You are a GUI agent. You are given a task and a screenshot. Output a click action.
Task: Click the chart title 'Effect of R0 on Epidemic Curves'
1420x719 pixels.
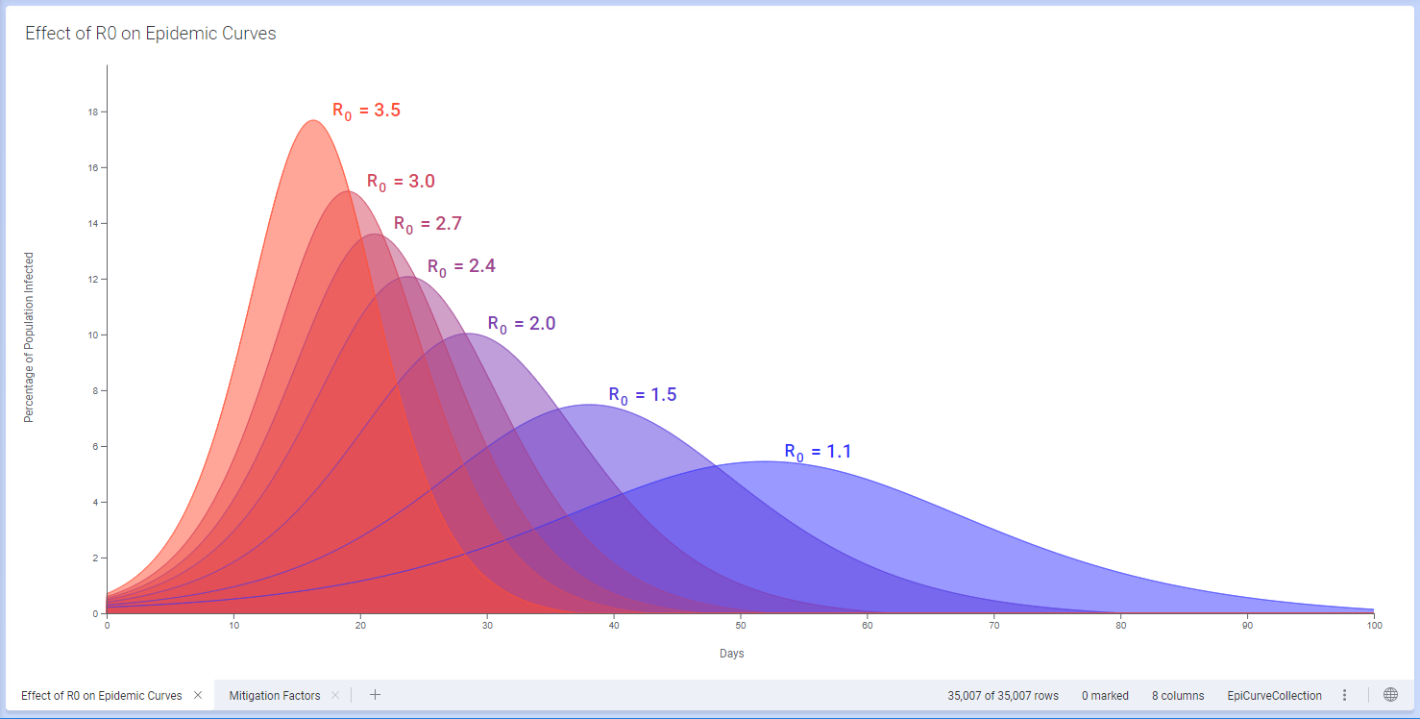pyautogui.click(x=151, y=34)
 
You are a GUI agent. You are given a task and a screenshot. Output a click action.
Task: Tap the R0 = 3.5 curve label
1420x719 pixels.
pyautogui.click(x=366, y=111)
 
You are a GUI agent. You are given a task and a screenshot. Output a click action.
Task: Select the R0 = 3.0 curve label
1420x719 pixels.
pyautogui.click(x=401, y=182)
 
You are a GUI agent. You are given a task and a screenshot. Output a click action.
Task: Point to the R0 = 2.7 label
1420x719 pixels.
pyautogui.click(x=428, y=224)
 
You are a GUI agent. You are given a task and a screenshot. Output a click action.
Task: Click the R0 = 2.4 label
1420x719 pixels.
pyautogui.click(x=461, y=266)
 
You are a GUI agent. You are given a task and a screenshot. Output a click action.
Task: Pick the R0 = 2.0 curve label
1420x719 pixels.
pyautogui.click(x=522, y=324)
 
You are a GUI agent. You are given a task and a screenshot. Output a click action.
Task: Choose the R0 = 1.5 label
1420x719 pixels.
pyautogui.click(x=643, y=395)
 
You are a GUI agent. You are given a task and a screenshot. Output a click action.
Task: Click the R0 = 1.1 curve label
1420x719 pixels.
pyautogui.click(x=818, y=452)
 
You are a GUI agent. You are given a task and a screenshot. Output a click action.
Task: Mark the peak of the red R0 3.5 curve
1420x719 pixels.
pyautogui.click(x=313, y=121)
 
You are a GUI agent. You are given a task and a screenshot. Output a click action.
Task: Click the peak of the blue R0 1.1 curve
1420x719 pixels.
pyautogui.click(x=764, y=462)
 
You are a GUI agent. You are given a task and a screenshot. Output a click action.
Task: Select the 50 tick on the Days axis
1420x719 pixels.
pyautogui.click(x=741, y=626)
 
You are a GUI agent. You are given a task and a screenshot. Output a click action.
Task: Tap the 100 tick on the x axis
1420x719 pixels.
pyautogui.click(x=1374, y=626)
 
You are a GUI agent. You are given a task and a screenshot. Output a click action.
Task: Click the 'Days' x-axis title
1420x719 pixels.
pyautogui.click(x=732, y=654)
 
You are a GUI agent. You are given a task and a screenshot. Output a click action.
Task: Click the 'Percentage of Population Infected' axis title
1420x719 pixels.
pyautogui.click(x=29, y=337)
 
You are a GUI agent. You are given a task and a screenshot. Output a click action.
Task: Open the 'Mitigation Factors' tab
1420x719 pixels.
pyautogui.click(x=275, y=695)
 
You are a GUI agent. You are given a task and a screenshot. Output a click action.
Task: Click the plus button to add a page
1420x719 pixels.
pyautogui.click(x=376, y=695)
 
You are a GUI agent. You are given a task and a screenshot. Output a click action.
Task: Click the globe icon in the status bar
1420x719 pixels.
pyautogui.click(x=1390, y=695)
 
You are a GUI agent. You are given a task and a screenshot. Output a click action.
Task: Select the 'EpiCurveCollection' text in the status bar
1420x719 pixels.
pyautogui.click(x=1274, y=695)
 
